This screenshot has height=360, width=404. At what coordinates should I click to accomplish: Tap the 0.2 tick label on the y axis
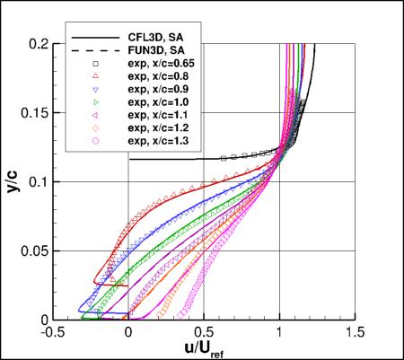tap(40, 44)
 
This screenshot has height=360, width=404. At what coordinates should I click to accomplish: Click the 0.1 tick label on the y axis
tap(40, 182)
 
